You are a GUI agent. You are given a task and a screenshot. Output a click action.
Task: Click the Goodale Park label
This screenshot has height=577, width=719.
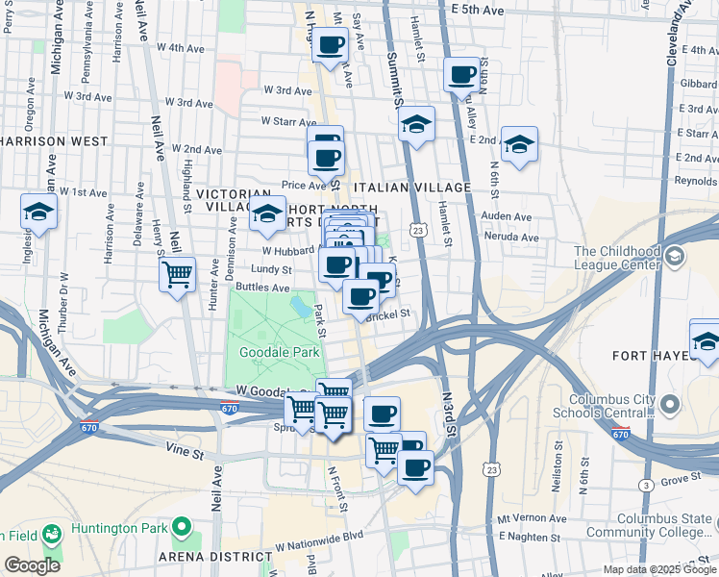(280, 353)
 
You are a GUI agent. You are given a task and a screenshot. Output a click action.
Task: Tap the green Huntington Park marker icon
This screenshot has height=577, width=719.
(179, 527)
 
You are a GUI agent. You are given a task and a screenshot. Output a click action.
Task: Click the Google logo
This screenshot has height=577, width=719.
(33, 565)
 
